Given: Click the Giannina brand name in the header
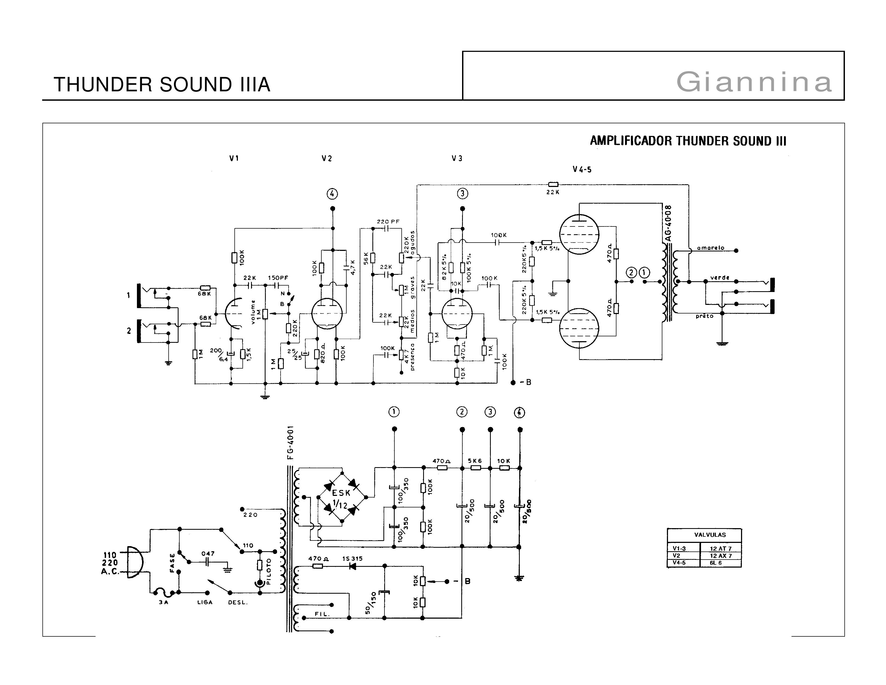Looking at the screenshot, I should (754, 82).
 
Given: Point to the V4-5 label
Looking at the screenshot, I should (582, 170).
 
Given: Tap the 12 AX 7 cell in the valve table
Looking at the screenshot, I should (721, 556).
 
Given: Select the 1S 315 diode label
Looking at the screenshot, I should (353, 558).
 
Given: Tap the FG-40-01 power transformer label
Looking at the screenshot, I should (290, 442).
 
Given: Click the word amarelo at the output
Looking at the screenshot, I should (710, 248).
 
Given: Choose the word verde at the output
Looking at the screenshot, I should (720, 277).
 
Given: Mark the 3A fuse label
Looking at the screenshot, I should (164, 602).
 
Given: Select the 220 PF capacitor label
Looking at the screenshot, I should (388, 222).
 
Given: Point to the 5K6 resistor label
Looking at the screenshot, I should (475, 461).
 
